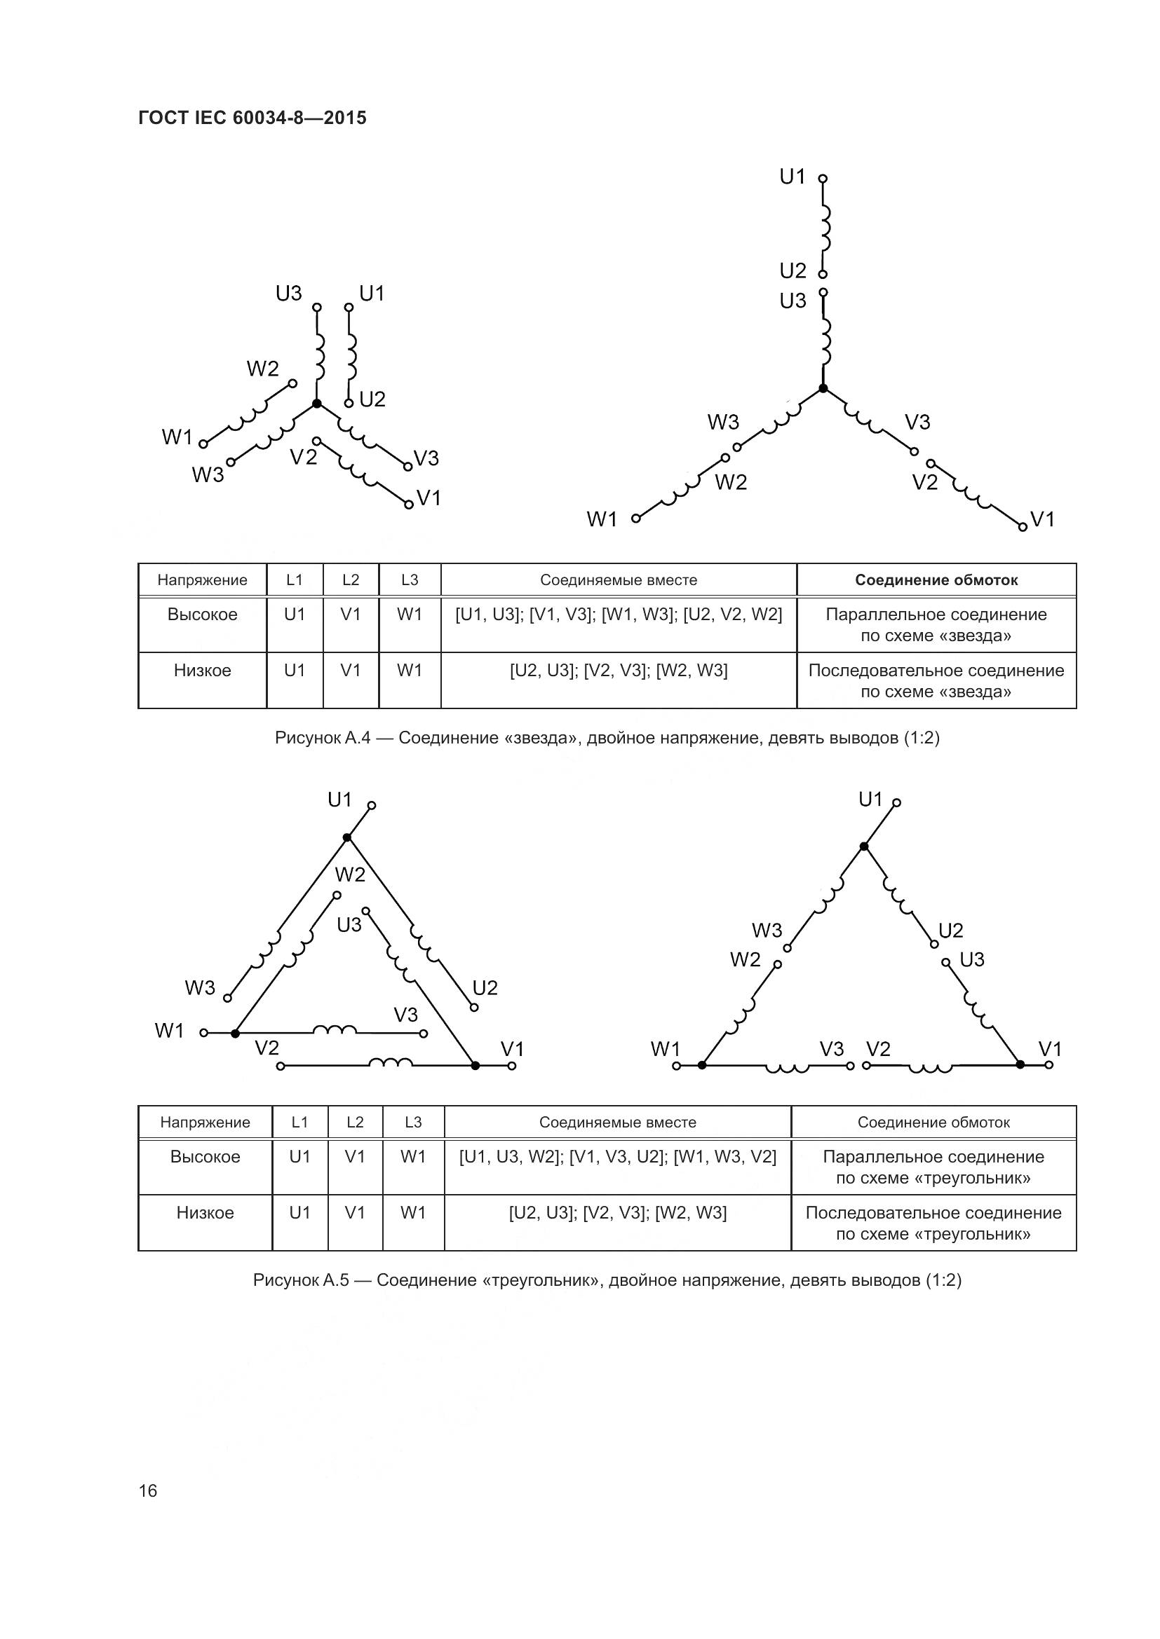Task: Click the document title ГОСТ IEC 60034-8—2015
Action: [x=252, y=118]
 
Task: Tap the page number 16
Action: [x=148, y=1490]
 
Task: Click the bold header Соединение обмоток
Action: [x=936, y=580]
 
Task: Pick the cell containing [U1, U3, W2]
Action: [x=618, y=1157]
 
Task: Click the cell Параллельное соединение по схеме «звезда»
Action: [x=936, y=624]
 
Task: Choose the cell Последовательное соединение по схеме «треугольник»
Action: [x=933, y=1223]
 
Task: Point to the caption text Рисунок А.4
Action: [x=322, y=738]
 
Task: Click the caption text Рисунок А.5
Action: [x=301, y=1280]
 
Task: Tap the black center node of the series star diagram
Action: [x=823, y=388]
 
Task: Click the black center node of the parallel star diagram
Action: [x=317, y=404]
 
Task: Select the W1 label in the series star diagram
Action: [x=602, y=519]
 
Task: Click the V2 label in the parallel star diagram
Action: [x=304, y=457]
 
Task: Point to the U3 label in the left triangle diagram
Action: [x=349, y=925]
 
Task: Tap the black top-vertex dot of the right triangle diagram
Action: [x=863, y=846]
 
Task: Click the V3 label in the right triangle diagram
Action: [x=832, y=1049]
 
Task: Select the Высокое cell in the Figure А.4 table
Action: [x=202, y=615]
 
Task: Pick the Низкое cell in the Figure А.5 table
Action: [x=205, y=1213]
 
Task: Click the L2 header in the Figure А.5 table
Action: [x=355, y=1122]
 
